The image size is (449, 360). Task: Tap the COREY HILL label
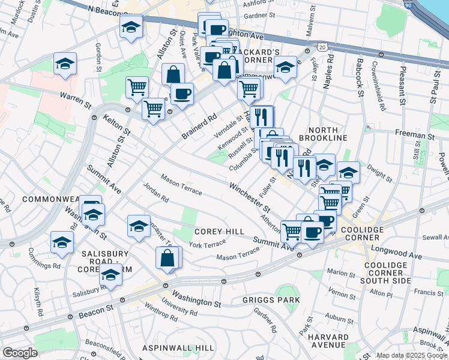tap(219, 232)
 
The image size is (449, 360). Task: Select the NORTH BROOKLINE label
tap(327, 133)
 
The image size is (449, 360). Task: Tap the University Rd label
tap(180, 310)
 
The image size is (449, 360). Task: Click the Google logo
tap(20, 353)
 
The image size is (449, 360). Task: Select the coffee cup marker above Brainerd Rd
tap(182, 94)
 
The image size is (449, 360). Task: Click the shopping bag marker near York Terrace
tap(167, 258)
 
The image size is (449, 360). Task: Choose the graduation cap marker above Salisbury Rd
tap(110, 275)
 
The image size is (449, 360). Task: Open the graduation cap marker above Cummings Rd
tap(62, 242)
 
